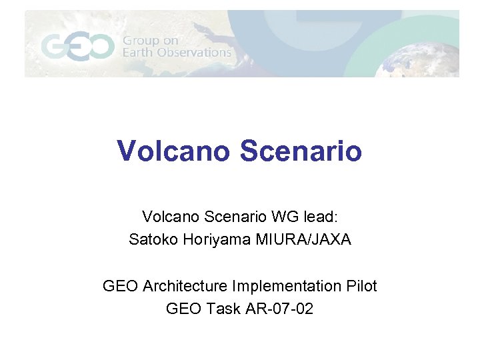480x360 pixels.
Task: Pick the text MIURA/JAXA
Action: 303,239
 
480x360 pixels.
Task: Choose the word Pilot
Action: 361,286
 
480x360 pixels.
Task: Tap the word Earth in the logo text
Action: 137,53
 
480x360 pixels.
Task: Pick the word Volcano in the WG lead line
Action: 167,217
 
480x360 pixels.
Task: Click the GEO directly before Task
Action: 182,309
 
